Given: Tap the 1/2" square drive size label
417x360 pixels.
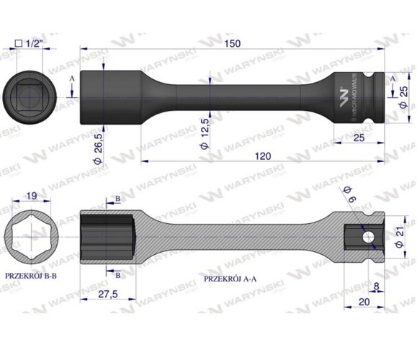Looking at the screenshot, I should click(x=31, y=43).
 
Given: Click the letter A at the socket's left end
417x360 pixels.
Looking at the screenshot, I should click(x=72, y=79).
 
